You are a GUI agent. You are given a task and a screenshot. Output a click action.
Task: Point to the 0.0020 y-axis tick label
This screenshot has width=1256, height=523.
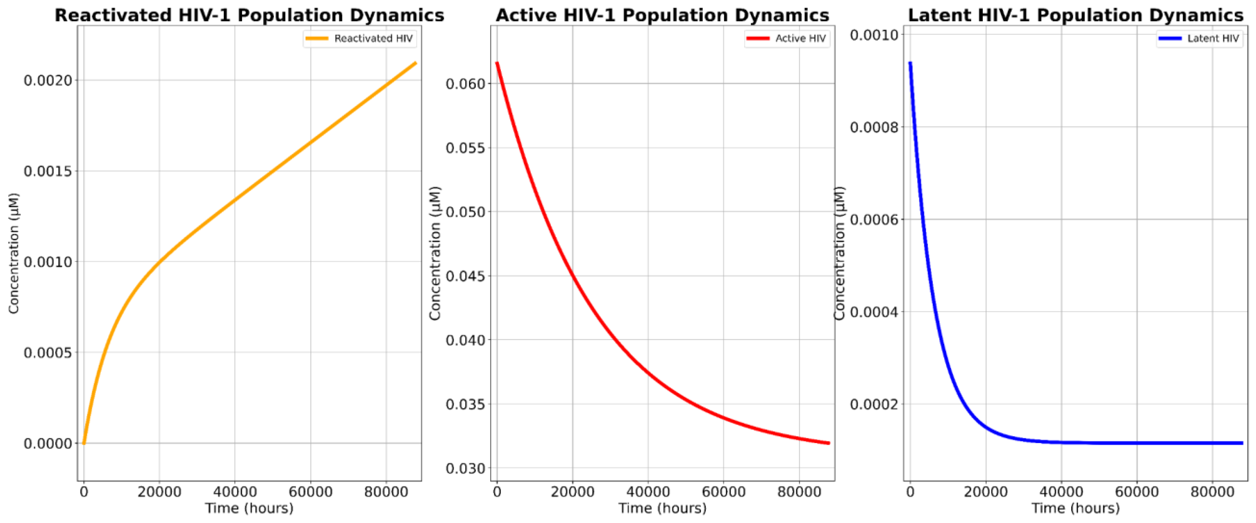click(48, 80)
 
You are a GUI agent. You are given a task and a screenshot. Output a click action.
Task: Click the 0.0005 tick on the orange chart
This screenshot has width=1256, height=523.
click(48, 352)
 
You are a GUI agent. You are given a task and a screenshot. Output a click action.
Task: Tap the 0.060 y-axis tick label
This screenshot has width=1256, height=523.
click(466, 84)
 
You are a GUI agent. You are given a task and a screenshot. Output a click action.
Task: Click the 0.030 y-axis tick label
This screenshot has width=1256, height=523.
click(466, 469)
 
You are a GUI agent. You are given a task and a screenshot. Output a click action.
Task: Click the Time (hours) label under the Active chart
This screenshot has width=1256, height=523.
click(662, 508)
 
